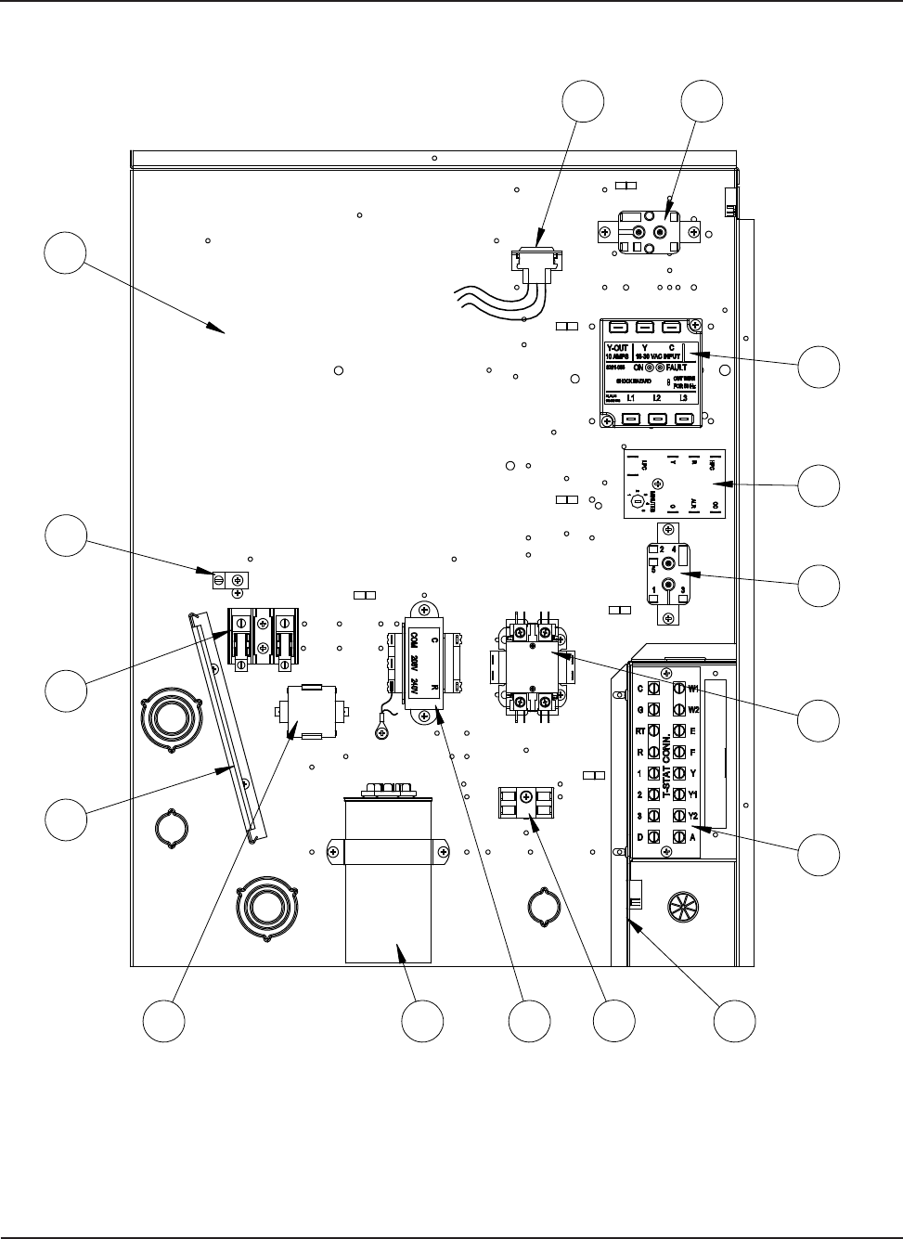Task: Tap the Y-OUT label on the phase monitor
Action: (617, 349)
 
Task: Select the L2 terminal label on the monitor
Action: (656, 398)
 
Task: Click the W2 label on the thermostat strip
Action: (693, 709)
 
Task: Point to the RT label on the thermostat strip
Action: (639, 730)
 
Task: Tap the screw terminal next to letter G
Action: (654, 710)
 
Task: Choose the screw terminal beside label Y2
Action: (678, 817)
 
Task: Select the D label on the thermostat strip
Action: (639, 838)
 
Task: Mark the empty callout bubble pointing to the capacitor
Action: (421, 1021)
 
